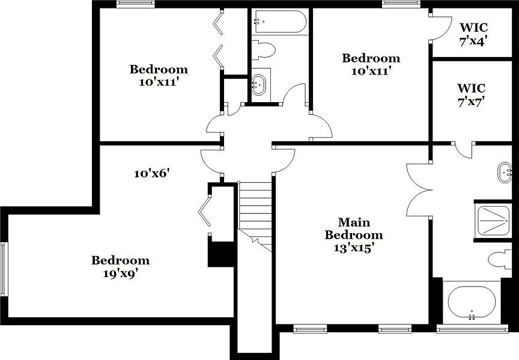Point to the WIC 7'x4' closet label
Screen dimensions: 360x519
tap(473, 34)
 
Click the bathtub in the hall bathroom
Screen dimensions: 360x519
tap(280, 23)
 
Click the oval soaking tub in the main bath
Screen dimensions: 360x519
tap(472, 302)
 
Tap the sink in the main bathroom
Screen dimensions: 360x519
tap(505, 172)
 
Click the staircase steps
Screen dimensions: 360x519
tap(255, 207)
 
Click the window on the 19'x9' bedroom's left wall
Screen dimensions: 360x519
tap(4, 268)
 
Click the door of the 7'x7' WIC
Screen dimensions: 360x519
tap(464, 150)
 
